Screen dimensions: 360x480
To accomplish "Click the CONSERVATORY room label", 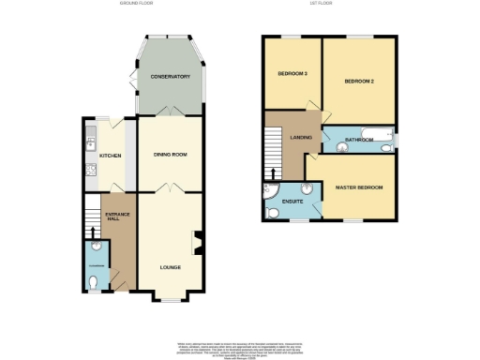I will click(171, 77).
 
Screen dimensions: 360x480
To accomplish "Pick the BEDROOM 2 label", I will click(359, 82).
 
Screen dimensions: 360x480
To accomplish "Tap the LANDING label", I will click(301, 138).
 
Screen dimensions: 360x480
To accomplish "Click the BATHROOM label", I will click(359, 140).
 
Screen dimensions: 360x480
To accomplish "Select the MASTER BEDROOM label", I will click(359, 188).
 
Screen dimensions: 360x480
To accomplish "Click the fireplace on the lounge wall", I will click(198, 242).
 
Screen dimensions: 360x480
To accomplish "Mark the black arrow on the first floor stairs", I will click(275, 173).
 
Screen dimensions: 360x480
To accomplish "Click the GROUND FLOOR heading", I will click(138, 5).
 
